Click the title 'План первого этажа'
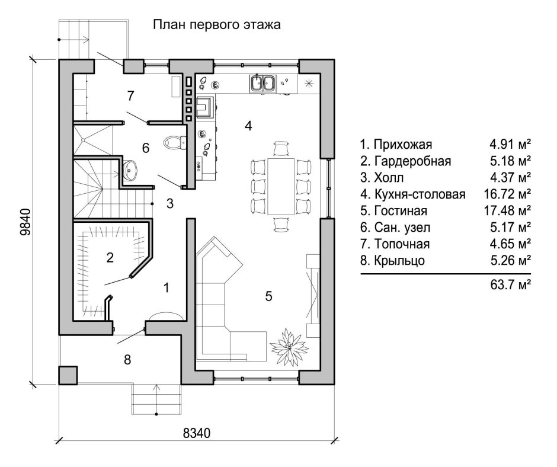point(216,25)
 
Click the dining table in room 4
point(281,185)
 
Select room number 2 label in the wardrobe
point(110,257)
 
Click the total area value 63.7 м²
point(508,285)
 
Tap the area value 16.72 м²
point(507,194)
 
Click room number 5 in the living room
point(268,297)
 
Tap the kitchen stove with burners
point(207,107)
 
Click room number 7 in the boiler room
point(131,95)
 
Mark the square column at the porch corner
point(68,375)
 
